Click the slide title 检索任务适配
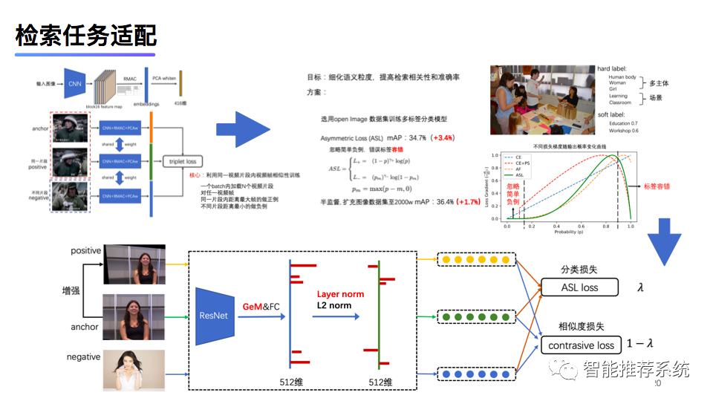pyautogui.click(x=86, y=36)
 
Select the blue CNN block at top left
pyautogui.click(x=75, y=84)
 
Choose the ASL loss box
pyautogui.click(x=579, y=287)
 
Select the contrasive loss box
pyautogui.click(x=582, y=345)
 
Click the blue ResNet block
pyautogui.click(x=215, y=316)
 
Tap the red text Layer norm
pyautogui.click(x=340, y=294)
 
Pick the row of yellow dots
pyautogui.click(x=475, y=260)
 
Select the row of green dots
pyautogui.click(x=475, y=316)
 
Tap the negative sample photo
pyautogui.click(x=134, y=370)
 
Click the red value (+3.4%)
pyautogui.click(x=445, y=138)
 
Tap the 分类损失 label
pyautogui.click(x=579, y=270)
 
